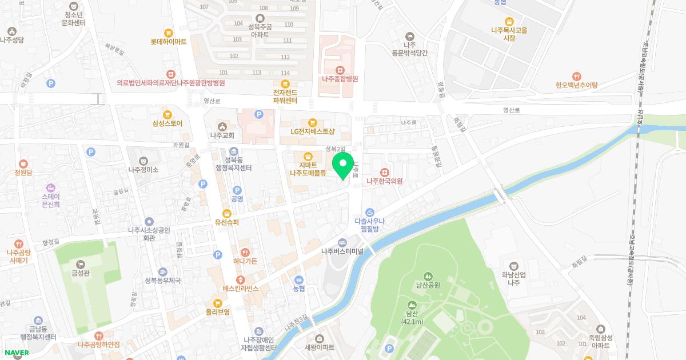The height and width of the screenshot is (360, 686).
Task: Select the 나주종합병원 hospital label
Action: (x=340, y=79)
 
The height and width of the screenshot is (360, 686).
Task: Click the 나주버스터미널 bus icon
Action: (x=342, y=242)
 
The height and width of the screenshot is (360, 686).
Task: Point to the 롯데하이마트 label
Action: (x=169, y=42)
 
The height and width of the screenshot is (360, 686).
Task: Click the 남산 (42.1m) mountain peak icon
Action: (x=412, y=305)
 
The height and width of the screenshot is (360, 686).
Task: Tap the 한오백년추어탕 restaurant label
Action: (x=576, y=85)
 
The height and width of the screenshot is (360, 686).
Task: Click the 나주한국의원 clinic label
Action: (x=385, y=181)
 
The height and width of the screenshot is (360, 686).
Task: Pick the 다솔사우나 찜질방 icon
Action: (x=370, y=212)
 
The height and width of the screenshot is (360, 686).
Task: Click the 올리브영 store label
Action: (x=218, y=312)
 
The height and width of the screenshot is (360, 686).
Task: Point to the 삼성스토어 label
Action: (x=167, y=123)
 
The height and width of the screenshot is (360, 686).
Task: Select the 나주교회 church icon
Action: (x=222, y=126)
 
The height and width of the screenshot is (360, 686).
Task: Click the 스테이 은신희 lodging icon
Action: (x=50, y=187)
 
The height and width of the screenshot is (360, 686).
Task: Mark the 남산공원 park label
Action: (x=428, y=285)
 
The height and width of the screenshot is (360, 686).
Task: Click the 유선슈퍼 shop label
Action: (x=226, y=222)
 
